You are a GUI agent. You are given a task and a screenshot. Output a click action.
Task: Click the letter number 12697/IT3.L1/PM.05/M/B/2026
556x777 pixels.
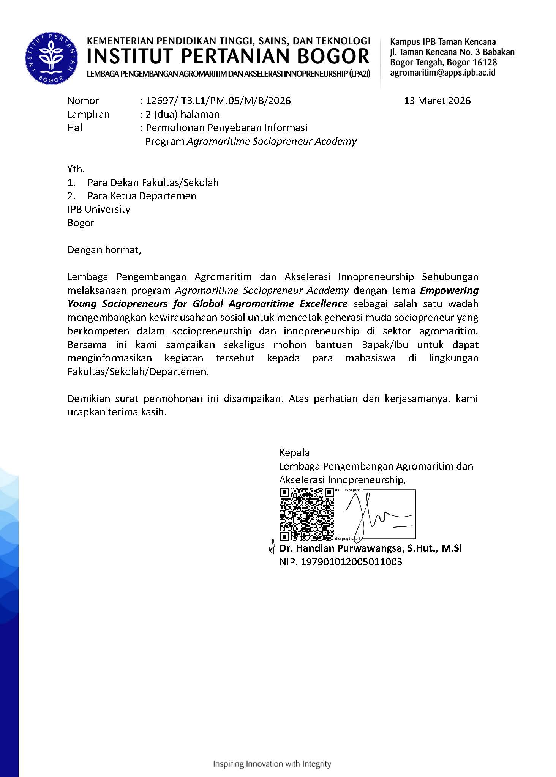click(x=218, y=101)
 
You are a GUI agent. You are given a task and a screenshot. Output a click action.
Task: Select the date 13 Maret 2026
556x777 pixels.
click(x=437, y=101)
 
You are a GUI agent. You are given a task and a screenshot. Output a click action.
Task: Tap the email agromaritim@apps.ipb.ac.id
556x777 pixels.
click(x=443, y=72)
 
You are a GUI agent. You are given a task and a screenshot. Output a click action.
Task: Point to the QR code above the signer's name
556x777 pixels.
click(x=306, y=514)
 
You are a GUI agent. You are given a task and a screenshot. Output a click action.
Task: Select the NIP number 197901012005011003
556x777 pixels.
click(x=351, y=562)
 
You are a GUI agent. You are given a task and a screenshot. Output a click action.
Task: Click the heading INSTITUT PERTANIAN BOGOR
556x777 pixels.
click(x=228, y=57)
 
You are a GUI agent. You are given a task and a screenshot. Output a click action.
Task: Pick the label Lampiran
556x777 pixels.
click(x=88, y=114)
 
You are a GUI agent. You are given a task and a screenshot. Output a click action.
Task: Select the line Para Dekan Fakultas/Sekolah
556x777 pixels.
click(x=153, y=183)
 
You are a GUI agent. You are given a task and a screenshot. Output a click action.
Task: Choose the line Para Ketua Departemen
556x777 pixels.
click(x=142, y=196)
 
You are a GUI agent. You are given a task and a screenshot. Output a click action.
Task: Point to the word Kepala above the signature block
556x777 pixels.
click(x=294, y=452)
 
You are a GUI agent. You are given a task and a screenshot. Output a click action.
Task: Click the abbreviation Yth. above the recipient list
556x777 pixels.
click(x=76, y=169)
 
